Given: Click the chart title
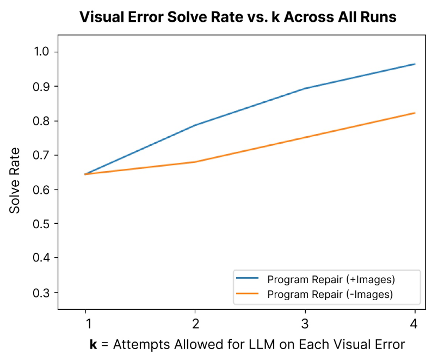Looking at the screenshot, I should point(238,17).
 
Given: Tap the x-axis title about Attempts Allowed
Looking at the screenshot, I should point(247,345).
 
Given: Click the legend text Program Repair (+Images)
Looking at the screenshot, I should point(331,280).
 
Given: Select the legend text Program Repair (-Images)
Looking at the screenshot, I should point(330,294).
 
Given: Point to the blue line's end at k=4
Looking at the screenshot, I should point(415,64).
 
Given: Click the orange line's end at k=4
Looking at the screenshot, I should point(415,113).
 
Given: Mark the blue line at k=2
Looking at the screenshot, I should point(195,125).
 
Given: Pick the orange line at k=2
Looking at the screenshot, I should point(195,162).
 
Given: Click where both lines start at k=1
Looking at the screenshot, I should point(85,174).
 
